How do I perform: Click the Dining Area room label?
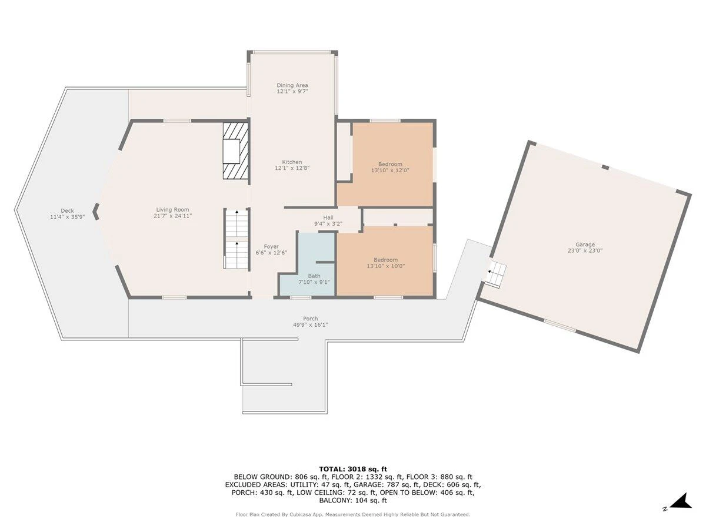(292, 85)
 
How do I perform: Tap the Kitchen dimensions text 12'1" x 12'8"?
(292, 168)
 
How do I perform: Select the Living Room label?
(173, 210)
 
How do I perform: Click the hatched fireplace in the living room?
(236, 150)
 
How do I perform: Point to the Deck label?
(67, 210)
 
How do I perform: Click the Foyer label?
(271, 247)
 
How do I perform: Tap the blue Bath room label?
(314, 276)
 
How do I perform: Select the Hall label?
(328, 217)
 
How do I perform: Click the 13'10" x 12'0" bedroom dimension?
(390, 170)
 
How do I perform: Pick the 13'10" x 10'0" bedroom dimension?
(385, 266)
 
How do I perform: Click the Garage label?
(585, 245)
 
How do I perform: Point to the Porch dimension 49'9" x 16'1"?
(311, 324)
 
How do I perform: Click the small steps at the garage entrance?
(496, 275)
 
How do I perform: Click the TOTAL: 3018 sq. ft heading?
(353, 469)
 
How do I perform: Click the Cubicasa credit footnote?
(353, 514)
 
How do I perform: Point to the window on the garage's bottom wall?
(560, 326)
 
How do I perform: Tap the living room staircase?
(237, 239)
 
